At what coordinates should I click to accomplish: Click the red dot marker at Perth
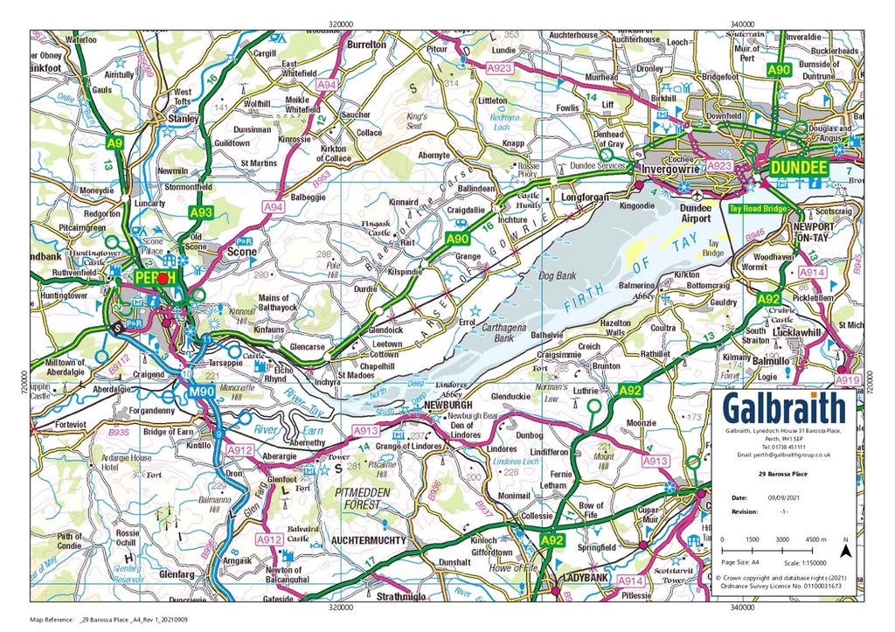162,277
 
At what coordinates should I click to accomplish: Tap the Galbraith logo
785,408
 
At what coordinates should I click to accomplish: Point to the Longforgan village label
580,198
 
